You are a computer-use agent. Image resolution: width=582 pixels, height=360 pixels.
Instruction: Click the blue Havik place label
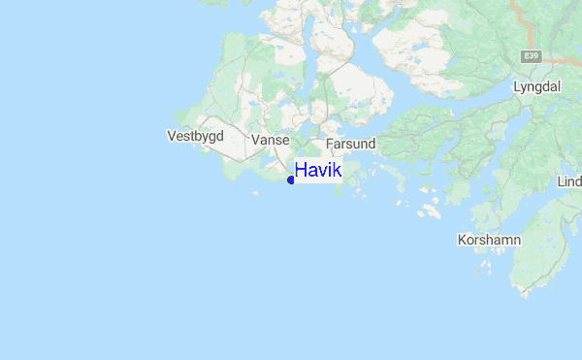click(x=318, y=171)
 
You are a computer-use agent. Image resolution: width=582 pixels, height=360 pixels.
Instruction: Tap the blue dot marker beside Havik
click(x=291, y=180)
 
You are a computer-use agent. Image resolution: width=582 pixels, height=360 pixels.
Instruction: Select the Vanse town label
click(x=271, y=141)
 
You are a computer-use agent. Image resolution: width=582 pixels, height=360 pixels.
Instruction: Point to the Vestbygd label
click(x=195, y=137)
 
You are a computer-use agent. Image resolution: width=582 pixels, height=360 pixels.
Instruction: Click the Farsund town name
click(x=350, y=144)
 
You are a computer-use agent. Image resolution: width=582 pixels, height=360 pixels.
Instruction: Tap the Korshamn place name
click(x=489, y=239)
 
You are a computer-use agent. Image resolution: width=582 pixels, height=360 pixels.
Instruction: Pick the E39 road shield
click(x=530, y=55)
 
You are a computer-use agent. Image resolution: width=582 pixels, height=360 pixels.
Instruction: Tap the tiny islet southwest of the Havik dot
click(x=255, y=194)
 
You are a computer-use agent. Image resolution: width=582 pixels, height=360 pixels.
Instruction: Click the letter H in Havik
click(x=301, y=171)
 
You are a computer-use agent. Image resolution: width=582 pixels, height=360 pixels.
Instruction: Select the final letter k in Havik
click(x=337, y=171)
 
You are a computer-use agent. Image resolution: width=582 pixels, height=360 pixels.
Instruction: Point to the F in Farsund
click(x=330, y=144)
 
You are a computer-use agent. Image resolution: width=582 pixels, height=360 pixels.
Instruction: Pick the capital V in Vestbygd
click(x=172, y=137)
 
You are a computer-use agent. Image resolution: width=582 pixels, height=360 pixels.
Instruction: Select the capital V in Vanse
click(x=255, y=141)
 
